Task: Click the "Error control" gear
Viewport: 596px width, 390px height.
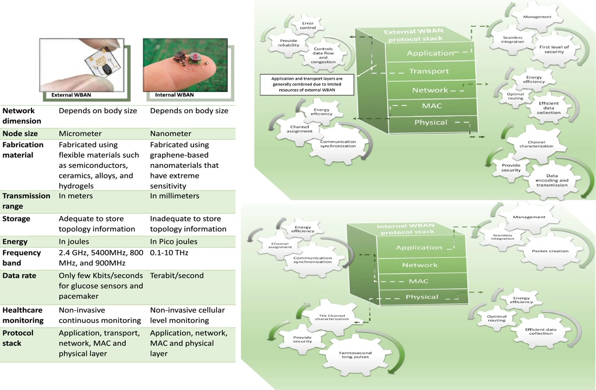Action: [x=307, y=26]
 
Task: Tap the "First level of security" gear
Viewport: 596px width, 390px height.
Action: [x=554, y=50]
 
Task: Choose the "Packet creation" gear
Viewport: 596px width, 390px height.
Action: [x=550, y=251]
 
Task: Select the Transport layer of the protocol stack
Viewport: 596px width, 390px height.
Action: [x=428, y=71]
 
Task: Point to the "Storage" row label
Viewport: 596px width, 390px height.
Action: [x=16, y=219]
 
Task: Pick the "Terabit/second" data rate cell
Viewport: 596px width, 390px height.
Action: [x=176, y=275]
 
